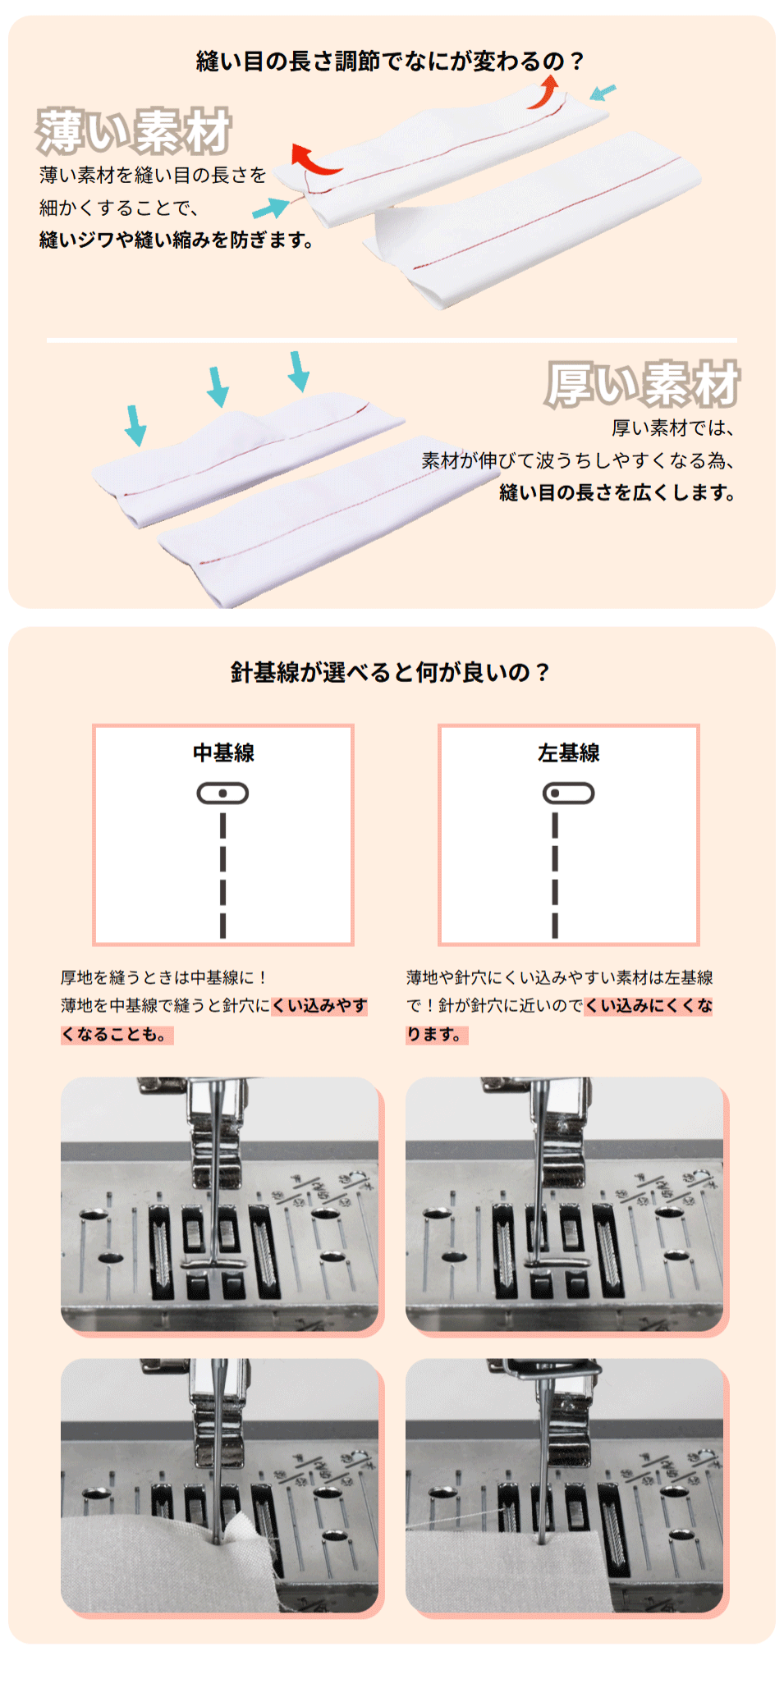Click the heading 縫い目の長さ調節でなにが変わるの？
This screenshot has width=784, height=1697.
pos(391,62)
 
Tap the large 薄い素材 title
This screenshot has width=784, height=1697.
pos(134,131)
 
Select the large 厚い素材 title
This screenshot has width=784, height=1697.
pos(643,384)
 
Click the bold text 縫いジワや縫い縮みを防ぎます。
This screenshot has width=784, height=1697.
pos(177,240)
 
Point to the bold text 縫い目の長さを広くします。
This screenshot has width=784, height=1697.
pos(617,492)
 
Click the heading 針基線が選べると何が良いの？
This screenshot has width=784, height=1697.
pos(391,673)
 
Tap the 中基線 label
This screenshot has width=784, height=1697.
pos(223,752)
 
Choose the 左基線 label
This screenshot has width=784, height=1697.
pos(569,752)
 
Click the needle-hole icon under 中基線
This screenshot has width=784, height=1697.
pos(222,794)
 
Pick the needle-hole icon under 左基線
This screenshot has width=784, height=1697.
pos(569,794)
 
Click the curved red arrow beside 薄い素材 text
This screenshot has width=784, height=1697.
pos(314,161)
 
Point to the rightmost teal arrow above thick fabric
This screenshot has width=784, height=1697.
pos(299,372)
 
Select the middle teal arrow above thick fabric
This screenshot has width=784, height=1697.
pos(218,387)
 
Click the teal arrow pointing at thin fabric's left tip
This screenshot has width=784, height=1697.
pos(271,208)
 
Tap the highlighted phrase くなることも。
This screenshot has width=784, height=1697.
pos(117,1035)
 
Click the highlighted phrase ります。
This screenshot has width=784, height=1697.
pos(437,1035)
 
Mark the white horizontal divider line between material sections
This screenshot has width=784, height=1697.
pos(392,340)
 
